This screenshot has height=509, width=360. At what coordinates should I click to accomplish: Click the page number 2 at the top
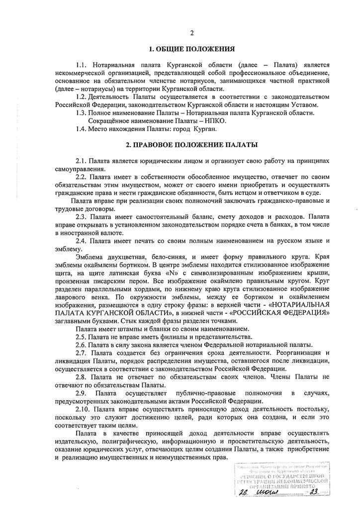coord(191,33)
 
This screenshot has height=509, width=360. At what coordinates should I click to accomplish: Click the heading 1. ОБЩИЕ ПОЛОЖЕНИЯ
coord(191,49)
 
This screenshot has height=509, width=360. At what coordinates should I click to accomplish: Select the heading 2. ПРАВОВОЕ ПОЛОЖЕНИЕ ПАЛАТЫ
coord(191,145)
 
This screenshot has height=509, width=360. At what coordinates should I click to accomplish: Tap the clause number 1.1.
coord(81,65)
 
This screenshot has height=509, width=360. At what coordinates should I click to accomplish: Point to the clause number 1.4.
coord(81,129)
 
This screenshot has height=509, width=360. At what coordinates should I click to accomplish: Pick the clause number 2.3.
coord(81,217)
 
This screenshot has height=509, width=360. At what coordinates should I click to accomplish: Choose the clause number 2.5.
coord(81,337)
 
